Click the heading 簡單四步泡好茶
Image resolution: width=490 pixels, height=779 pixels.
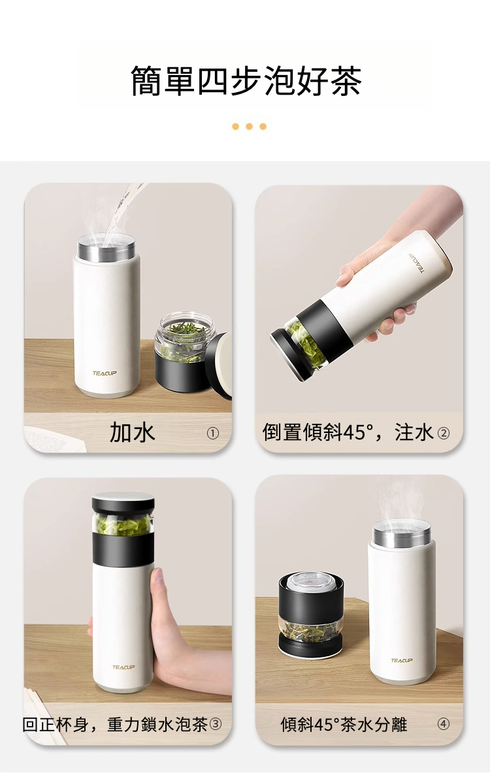[246, 80]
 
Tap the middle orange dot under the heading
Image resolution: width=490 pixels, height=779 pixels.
[249, 127]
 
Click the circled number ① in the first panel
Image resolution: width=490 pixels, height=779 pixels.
[213, 433]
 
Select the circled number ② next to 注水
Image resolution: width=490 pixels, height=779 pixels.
[443, 433]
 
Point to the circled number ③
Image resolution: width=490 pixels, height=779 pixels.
[215, 724]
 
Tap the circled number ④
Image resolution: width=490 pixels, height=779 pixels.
[443, 724]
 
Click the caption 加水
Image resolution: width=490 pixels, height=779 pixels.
[132, 433]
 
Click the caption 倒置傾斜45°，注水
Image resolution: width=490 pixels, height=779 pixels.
[348, 433]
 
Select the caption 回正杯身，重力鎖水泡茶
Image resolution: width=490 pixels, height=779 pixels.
[115, 724]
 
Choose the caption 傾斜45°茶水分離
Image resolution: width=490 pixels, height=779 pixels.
[344, 724]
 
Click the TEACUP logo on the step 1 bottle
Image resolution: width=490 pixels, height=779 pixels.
[105, 373]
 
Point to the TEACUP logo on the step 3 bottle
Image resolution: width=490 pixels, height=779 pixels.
[123, 667]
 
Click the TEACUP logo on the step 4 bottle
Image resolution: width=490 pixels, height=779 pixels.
[402, 660]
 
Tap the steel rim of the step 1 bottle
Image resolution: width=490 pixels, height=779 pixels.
[106, 248]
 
